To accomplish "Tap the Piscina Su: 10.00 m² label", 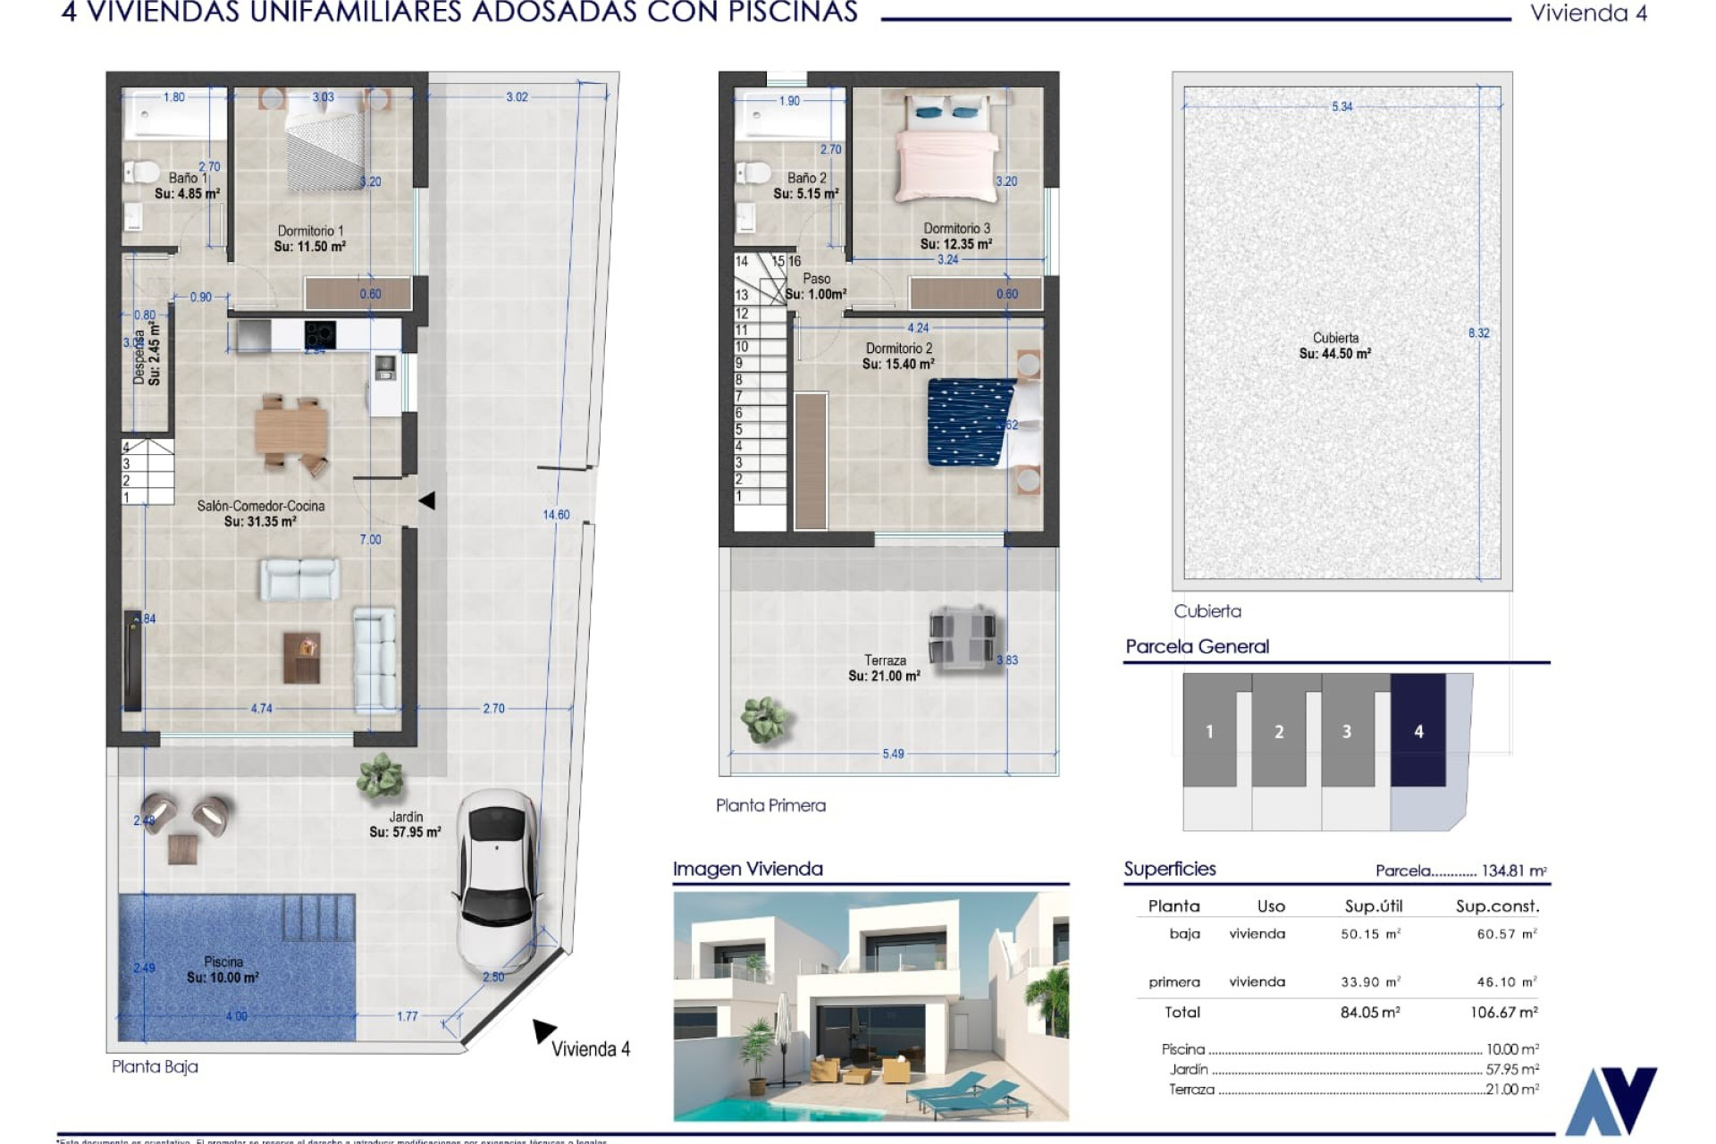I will click(223, 970).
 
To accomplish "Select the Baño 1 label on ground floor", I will click(188, 178).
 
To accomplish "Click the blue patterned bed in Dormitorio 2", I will click(972, 422).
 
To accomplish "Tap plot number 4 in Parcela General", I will click(1418, 732).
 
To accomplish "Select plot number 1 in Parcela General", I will click(1209, 732).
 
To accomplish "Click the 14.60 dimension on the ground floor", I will click(556, 515).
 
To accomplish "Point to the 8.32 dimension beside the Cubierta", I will click(1478, 333).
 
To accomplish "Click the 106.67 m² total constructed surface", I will click(1503, 1013).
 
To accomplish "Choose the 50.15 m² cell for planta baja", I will click(1370, 934).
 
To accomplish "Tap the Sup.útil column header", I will click(1373, 906).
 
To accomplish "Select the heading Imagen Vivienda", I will click(747, 869).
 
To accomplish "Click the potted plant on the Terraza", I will click(764, 719).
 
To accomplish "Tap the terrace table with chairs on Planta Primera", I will click(961, 636).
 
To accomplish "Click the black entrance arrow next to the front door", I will click(427, 500).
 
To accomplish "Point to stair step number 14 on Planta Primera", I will click(742, 262).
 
